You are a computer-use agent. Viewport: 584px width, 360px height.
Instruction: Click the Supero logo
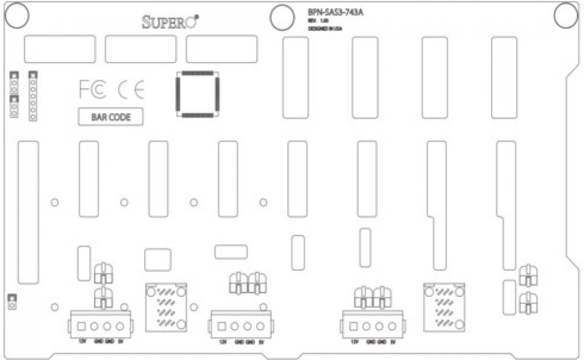pyautogui.click(x=171, y=22)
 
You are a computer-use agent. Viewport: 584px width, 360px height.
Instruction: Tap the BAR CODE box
pyautogui.click(x=111, y=117)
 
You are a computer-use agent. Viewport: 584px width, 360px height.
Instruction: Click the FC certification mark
pyautogui.click(x=92, y=89)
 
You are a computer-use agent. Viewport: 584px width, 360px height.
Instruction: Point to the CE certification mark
pyautogui.click(x=130, y=89)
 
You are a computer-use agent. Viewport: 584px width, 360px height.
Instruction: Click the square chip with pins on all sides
pyautogui.click(x=196, y=94)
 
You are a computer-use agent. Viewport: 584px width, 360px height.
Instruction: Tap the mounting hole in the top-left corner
pyautogui.click(x=18, y=15)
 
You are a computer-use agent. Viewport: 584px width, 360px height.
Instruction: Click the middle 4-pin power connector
pyautogui.click(x=235, y=326)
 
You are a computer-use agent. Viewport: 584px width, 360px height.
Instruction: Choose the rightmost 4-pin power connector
pyautogui.click(x=369, y=326)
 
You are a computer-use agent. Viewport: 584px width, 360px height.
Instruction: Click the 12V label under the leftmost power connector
pyautogui.click(x=81, y=341)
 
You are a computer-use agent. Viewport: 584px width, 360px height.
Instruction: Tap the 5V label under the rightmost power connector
pyautogui.click(x=393, y=342)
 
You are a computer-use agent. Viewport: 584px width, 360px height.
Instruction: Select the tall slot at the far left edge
pyautogui.click(x=28, y=212)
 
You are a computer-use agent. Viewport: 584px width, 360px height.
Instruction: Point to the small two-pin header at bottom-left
pyautogui.click(x=11, y=302)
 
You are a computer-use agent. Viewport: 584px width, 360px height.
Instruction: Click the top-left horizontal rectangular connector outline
pyautogui.click(x=60, y=49)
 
